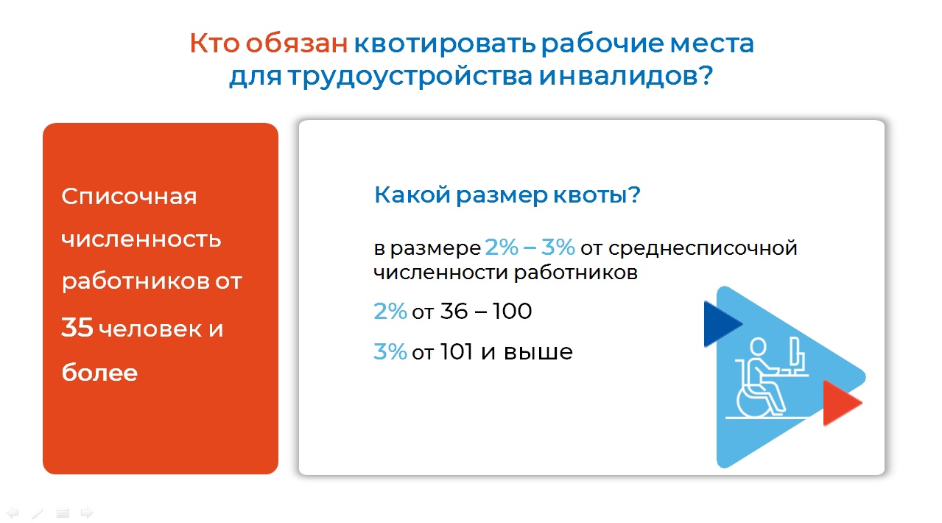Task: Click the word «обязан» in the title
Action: pyautogui.click(x=297, y=43)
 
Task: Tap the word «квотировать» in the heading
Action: pyautogui.click(x=445, y=43)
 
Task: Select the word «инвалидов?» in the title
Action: pyautogui.click(x=626, y=77)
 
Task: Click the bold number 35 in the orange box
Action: pyautogui.click(x=77, y=328)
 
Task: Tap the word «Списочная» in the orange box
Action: pyautogui.click(x=129, y=196)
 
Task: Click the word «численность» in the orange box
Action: pyautogui.click(x=141, y=239)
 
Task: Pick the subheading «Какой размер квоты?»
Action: pyautogui.click(x=507, y=194)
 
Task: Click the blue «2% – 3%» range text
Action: pyautogui.click(x=530, y=247)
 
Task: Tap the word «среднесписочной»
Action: pyautogui.click(x=703, y=248)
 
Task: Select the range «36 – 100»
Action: pyautogui.click(x=486, y=312)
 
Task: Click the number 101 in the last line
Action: pyautogui.click(x=457, y=352)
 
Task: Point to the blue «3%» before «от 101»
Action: pyautogui.click(x=390, y=352)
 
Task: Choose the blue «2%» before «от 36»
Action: pyautogui.click(x=390, y=312)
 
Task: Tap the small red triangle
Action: pyautogui.click(x=840, y=403)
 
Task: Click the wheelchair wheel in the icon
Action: pyautogui.click(x=753, y=401)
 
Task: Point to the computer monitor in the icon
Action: pyautogui.click(x=795, y=353)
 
